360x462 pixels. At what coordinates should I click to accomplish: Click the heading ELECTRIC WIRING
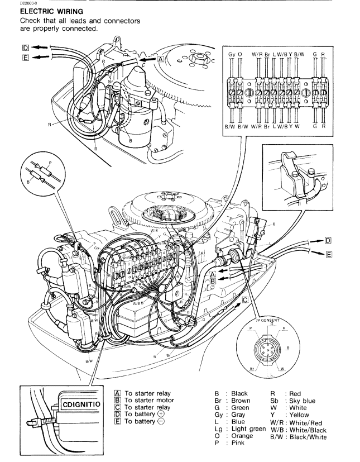pos(36,11)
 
